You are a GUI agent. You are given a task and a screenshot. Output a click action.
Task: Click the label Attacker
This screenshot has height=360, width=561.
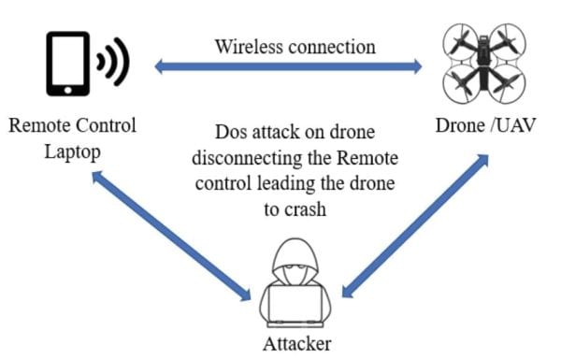295,345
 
